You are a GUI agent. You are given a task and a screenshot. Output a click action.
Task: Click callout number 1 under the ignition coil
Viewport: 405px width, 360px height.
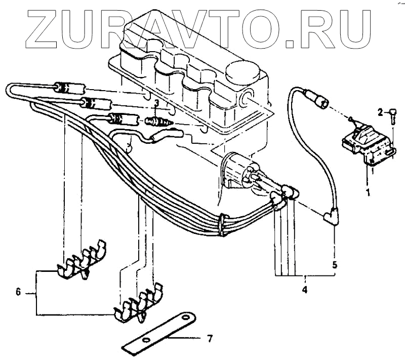tap(368, 192)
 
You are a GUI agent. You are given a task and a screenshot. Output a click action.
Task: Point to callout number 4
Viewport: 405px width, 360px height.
tap(305, 290)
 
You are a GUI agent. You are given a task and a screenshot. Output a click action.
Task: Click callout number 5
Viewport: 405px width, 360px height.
tap(335, 264)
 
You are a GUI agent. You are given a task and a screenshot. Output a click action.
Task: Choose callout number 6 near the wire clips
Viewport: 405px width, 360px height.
tap(18, 292)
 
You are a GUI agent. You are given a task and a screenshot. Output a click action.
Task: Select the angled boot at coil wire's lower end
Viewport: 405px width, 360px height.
tap(333, 217)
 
